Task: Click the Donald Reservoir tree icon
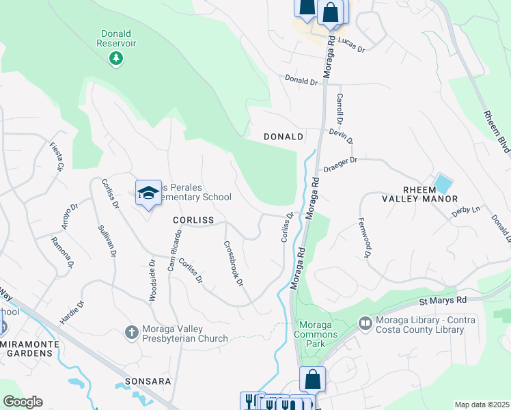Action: pos(116,58)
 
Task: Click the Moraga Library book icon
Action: pos(365,322)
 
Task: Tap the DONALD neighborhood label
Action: pos(284,137)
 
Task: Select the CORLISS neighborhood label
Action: pos(193,220)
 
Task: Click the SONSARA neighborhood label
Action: pos(137,381)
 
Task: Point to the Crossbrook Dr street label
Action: pos(234,263)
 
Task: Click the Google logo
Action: pos(23,402)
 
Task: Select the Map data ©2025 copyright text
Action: pos(481,405)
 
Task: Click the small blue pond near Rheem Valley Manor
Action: pos(443,184)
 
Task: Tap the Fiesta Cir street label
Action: pos(56,156)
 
